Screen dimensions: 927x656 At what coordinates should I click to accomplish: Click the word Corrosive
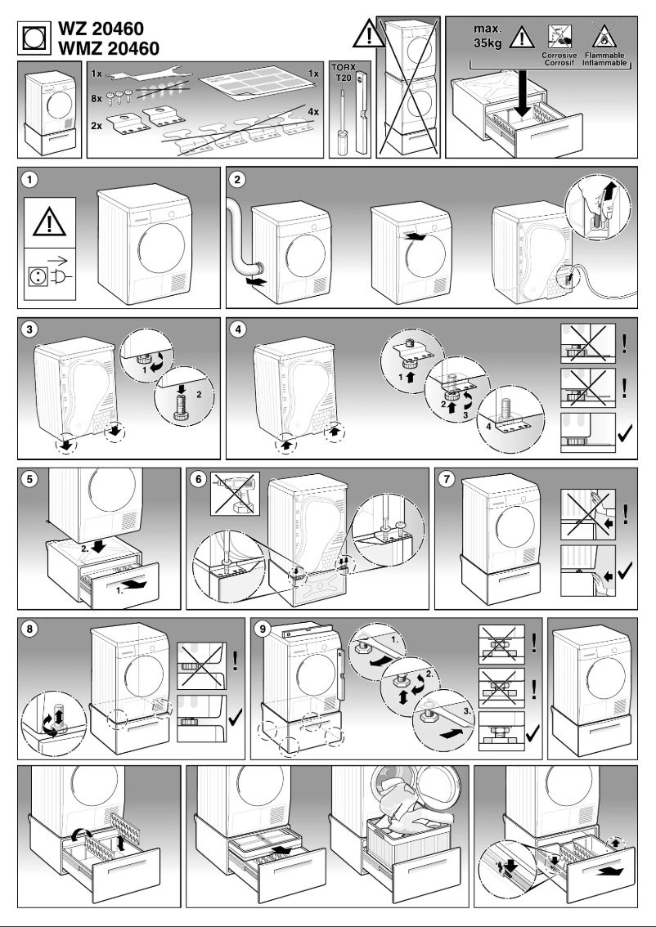[x=560, y=55]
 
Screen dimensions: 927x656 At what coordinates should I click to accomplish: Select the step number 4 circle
[x=238, y=331]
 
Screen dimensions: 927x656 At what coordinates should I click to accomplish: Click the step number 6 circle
[x=199, y=480]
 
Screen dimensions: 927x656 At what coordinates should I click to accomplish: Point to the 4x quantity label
[x=312, y=111]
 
